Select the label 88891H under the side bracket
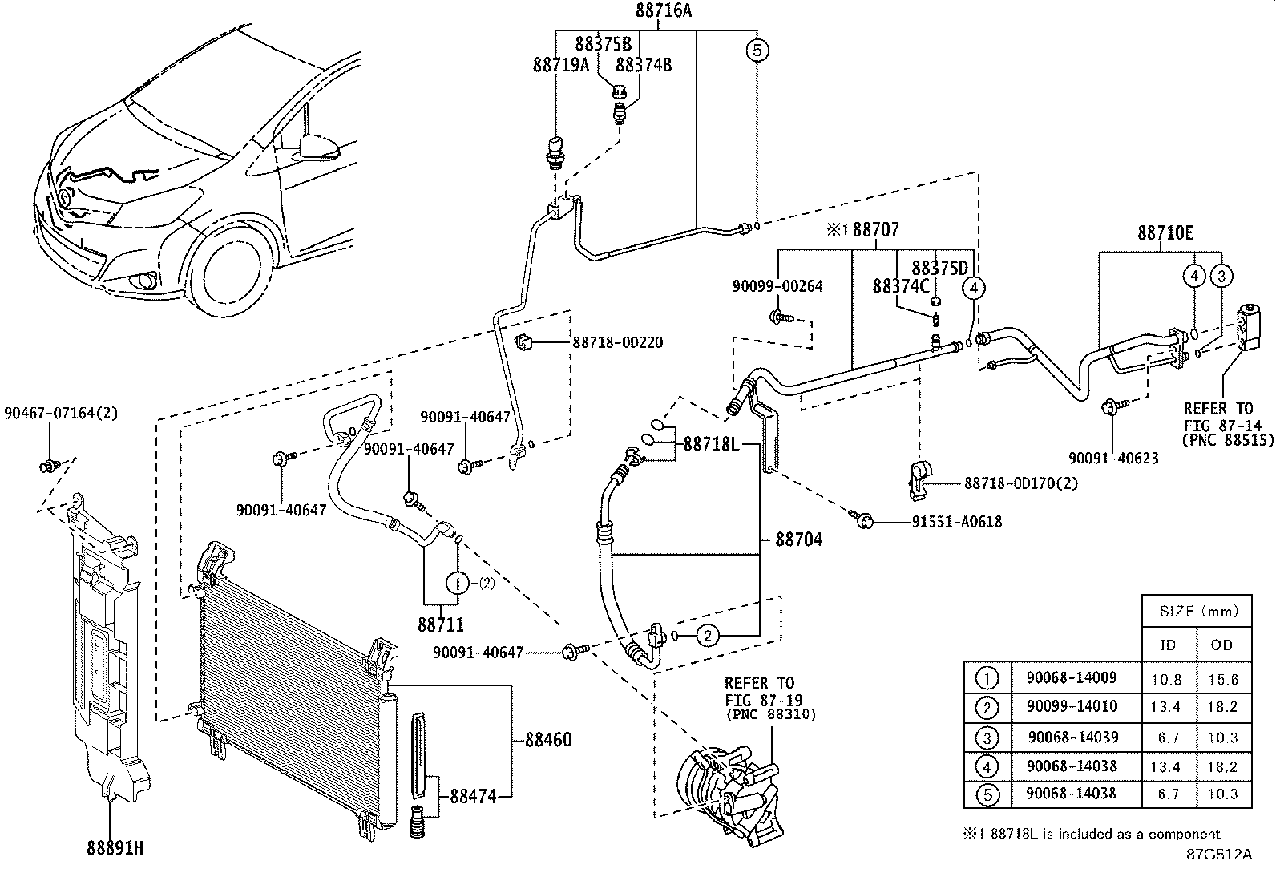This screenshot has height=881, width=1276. pyautogui.click(x=115, y=847)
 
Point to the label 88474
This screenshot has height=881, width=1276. pyautogui.click(x=473, y=797)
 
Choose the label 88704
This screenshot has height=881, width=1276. pyautogui.click(x=798, y=540)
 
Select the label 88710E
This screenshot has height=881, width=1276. pyautogui.click(x=1165, y=233)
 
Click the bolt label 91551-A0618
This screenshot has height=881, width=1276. pyautogui.click(x=956, y=522)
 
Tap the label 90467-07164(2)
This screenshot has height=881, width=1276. pyautogui.click(x=60, y=414)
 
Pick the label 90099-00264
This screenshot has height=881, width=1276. pyautogui.click(x=777, y=286)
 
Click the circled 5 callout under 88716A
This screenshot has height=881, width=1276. pyautogui.click(x=757, y=51)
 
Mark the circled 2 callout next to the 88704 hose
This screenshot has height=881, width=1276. pyautogui.click(x=708, y=636)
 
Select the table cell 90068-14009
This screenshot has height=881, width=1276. pyautogui.click(x=1071, y=677)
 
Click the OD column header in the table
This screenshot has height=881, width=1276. pyautogui.click(x=1222, y=645)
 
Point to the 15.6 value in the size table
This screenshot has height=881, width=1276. pyautogui.click(x=1222, y=679)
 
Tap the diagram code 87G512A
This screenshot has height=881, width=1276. pyautogui.click(x=1219, y=854)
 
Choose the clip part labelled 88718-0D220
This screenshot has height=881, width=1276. pyautogui.click(x=525, y=342)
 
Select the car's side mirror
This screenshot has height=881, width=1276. pyautogui.click(x=318, y=147)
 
